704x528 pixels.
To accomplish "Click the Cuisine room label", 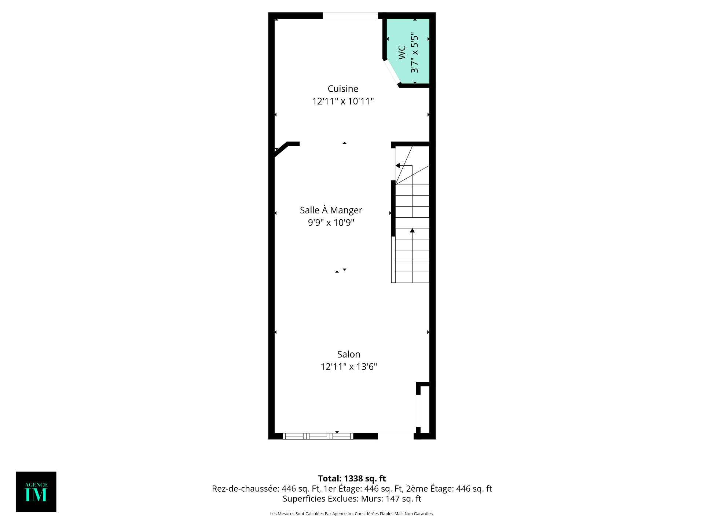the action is coord(343,89).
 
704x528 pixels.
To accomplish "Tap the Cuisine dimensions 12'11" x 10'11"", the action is coord(343,101).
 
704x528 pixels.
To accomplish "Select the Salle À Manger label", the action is coord(331,210).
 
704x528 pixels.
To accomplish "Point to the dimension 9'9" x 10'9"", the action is coord(331,223).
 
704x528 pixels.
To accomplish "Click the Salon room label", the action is coord(349,354).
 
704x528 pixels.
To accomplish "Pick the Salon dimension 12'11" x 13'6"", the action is coord(349,367).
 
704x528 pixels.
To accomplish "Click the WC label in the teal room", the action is coord(402,52).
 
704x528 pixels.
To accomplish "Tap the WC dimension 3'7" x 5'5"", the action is coord(414,52).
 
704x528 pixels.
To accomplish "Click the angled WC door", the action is coord(392,72).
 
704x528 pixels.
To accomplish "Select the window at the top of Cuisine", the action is coord(350,16).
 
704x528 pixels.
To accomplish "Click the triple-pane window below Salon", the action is coord(318,436).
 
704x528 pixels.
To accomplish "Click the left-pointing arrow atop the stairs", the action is coord(397,166).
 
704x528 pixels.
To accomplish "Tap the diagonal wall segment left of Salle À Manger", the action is coord(282,150).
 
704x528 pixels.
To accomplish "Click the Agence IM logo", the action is coord(36,492).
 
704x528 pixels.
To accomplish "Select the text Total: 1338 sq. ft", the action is coord(352,478).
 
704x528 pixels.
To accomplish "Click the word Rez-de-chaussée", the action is coord(245,489).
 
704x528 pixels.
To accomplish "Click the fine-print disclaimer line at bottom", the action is coord(352,514).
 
